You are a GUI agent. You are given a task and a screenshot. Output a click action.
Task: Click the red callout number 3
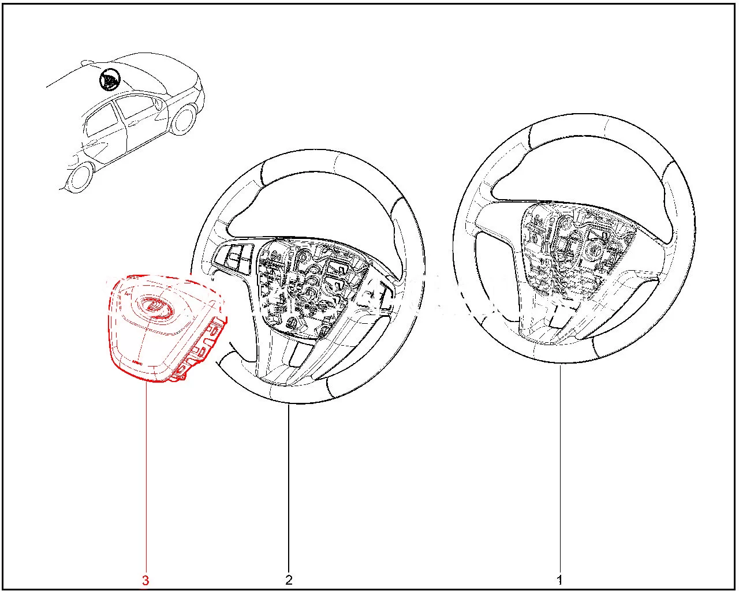[x=145, y=580]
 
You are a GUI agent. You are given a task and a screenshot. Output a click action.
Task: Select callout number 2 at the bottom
[x=289, y=580]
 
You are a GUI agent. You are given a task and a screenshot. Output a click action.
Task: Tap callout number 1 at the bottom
[x=560, y=580]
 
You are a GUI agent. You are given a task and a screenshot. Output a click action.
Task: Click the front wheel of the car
[x=182, y=120]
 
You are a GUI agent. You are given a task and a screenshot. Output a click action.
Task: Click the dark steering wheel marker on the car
[x=109, y=80]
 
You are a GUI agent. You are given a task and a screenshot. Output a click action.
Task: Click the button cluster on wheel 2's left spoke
[x=235, y=258]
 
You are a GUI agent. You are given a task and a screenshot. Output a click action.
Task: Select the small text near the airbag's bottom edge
[x=137, y=362]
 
